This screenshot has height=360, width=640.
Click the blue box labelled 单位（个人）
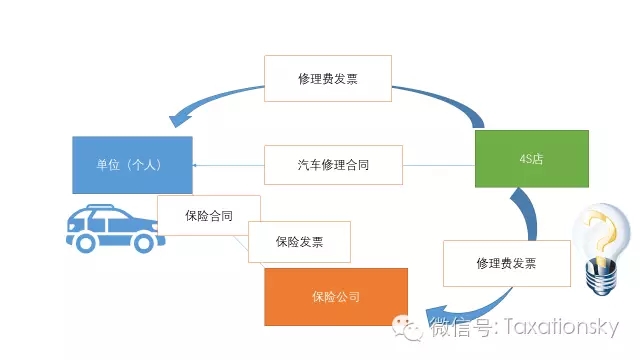[x=132, y=165]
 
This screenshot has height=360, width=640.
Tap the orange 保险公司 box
[x=335, y=297]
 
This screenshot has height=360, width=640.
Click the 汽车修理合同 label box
[x=333, y=165]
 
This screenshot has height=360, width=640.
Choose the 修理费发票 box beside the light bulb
[x=505, y=264]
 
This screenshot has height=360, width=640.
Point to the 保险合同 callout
[x=209, y=216]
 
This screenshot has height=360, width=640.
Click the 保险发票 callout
[x=299, y=242]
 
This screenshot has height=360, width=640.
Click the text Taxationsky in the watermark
[x=564, y=327]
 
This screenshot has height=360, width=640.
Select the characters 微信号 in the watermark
[x=462, y=327]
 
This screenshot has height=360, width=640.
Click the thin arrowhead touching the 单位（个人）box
[x=196, y=165]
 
